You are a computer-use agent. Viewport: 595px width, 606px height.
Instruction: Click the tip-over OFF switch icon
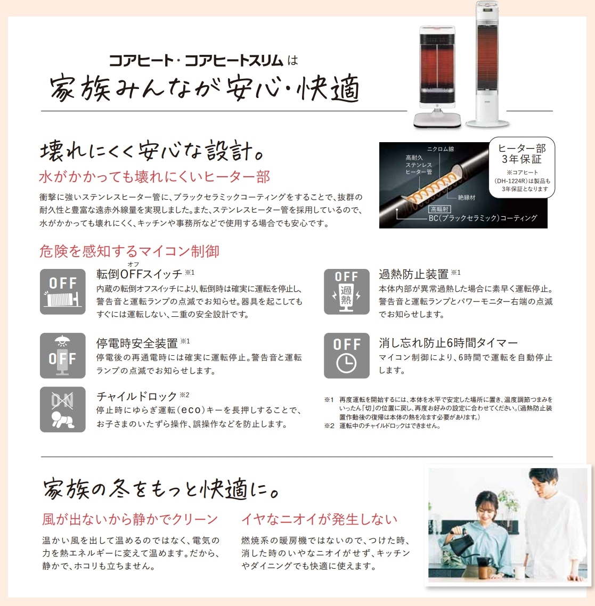[63, 291]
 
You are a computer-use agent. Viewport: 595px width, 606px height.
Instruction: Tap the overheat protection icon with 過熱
[346, 291]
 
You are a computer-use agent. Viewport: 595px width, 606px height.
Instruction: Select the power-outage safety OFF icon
[63, 356]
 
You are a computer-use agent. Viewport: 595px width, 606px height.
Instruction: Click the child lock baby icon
[63, 410]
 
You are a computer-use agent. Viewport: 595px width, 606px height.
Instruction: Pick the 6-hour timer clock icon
[346, 356]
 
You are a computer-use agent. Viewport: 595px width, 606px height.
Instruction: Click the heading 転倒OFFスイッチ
[139, 274]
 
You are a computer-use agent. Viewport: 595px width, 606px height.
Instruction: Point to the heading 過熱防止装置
[413, 274]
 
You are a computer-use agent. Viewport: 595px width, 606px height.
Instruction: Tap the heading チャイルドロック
[136, 396]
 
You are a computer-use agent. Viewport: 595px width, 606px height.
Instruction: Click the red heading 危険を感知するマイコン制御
[129, 251]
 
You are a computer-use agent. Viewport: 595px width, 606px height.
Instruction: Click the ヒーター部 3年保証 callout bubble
[521, 167]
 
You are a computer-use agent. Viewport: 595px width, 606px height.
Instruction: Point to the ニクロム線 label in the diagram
[441, 149]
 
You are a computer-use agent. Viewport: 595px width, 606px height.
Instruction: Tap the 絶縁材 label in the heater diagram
[466, 198]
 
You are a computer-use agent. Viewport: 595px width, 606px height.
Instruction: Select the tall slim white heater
[487, 64]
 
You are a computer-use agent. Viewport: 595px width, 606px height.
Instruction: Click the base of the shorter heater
[437, 120]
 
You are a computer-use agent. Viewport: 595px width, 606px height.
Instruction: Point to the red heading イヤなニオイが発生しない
[320, 519]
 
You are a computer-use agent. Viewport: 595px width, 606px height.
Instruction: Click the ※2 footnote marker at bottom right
[329, 426]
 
